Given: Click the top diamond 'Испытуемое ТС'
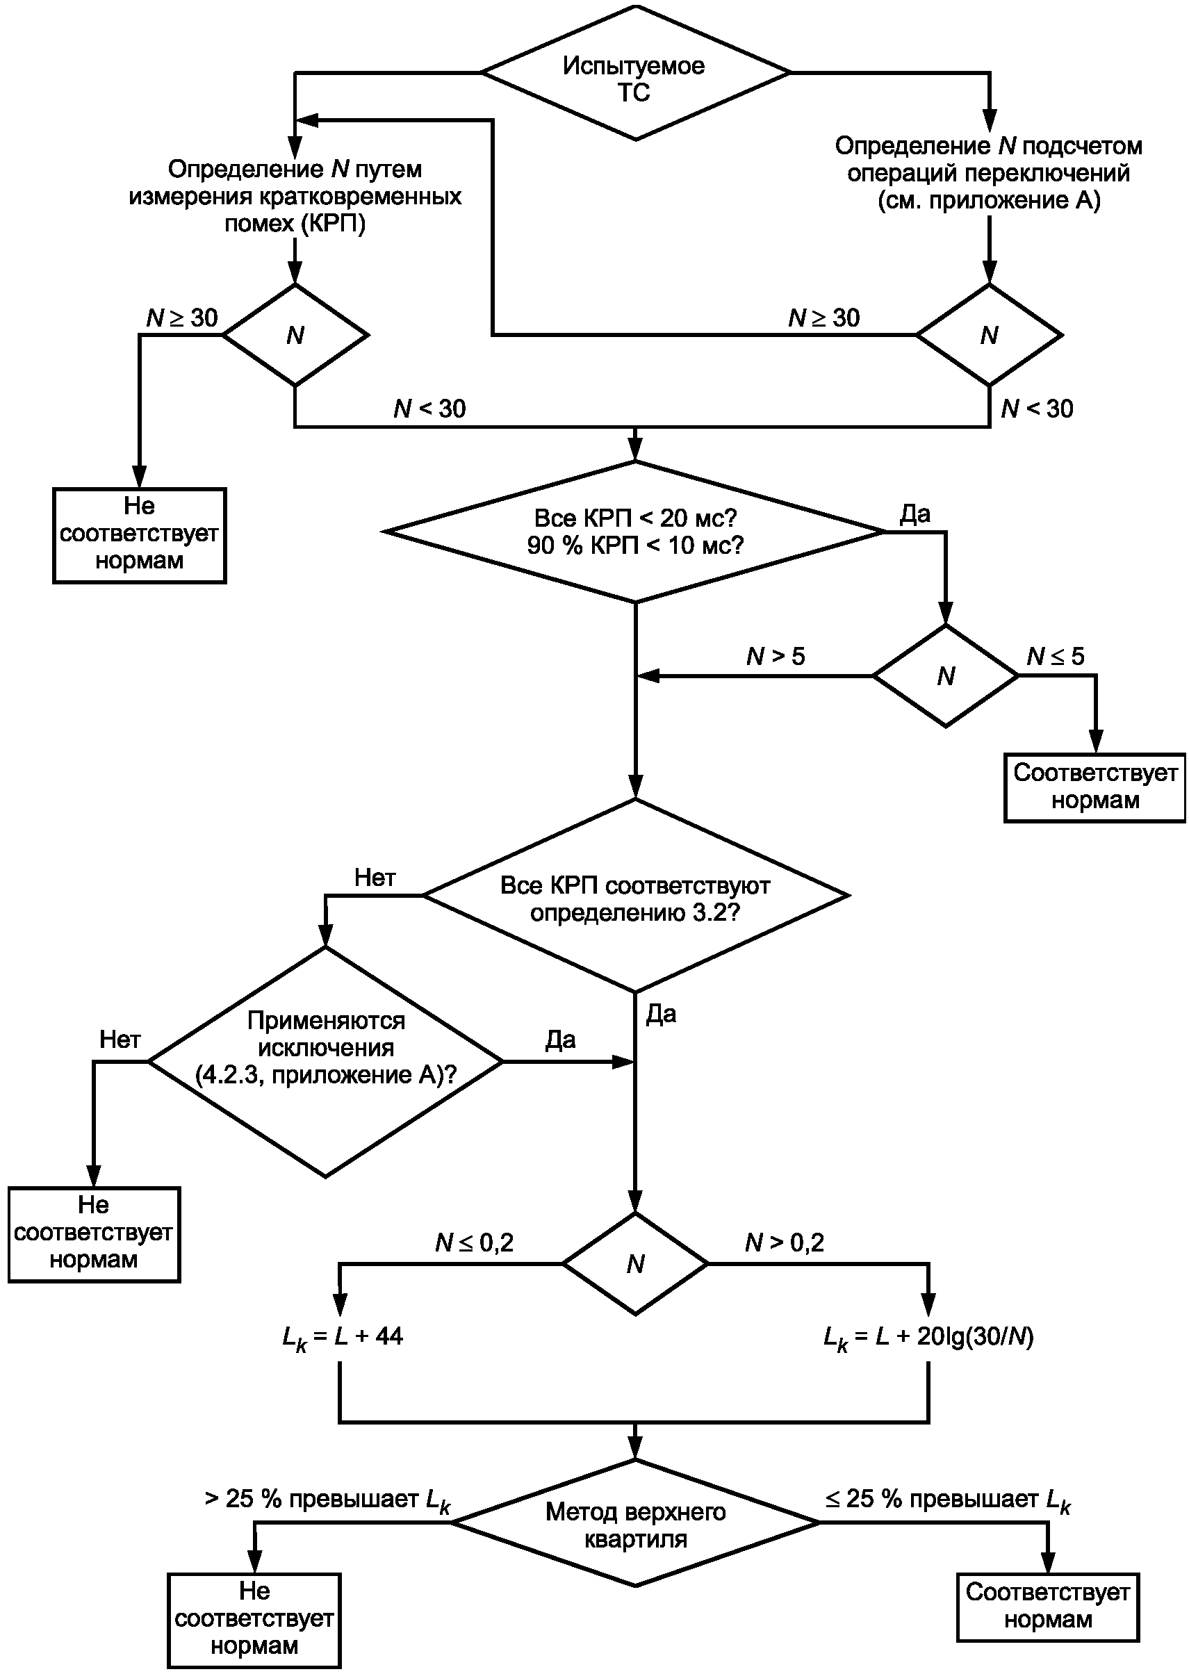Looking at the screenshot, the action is click(x=635, y=72).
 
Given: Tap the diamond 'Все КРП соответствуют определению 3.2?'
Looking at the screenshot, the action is click(x=635, y=895).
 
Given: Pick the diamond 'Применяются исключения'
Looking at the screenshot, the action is click(x=326, y=1062).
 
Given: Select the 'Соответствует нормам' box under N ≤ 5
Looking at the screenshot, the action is click(x=1094, y=787).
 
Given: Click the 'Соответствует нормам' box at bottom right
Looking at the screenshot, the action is click(x=1048, y=1607).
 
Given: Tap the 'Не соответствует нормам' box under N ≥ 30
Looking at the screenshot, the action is click(x=139, y=535).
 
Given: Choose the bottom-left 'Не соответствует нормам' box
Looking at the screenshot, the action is click(x=254, y=1620).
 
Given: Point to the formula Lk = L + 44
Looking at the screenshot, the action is click(x=343, y=1336).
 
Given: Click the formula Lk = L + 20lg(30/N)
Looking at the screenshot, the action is click(x=928, y=1336).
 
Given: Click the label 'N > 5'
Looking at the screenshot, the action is click(x=776, y=656).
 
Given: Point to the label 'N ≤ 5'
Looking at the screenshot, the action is click(x=1055, y=656).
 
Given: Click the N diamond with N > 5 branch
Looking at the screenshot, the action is click(x=946, y=675).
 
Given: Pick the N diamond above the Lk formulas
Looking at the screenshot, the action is click(x=635, y=1263).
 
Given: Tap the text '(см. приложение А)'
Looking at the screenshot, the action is click(x=989, y=200).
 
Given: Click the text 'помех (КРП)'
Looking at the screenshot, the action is click(x=295, y=223).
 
